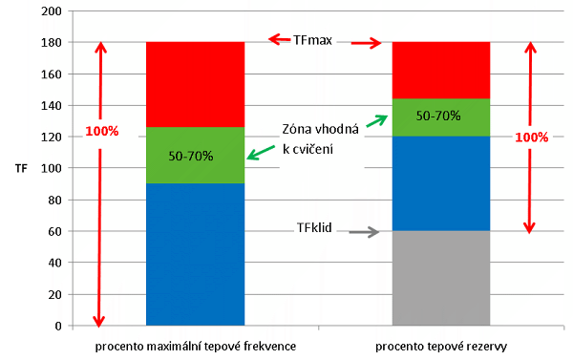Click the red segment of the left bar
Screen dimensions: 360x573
coord(195,81)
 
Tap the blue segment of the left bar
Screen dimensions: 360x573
coord(195,254)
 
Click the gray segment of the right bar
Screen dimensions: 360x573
coord(440,278)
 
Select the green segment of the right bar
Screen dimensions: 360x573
coord(440,116)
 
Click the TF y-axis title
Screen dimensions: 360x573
coord(21,169)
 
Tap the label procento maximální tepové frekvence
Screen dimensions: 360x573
coord(196,345)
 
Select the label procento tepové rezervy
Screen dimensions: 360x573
coord(441,345)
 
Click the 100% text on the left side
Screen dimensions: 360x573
coord(101,131)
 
